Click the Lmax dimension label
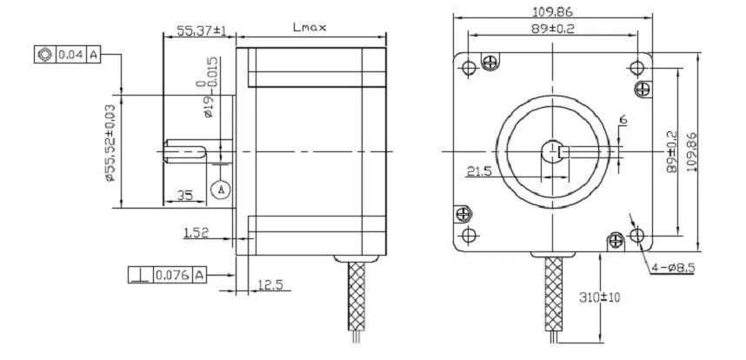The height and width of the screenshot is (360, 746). [x=310, y=28]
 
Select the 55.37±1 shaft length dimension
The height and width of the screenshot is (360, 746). [x=200, y=31]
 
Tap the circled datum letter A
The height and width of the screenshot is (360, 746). [x=221, y=190]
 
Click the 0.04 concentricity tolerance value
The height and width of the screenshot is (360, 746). [x=71, y=55]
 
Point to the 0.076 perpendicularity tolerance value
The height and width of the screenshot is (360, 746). [x=173, y=275]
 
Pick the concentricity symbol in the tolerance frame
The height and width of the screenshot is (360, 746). [x=45, y=55]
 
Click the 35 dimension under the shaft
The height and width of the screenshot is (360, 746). [x=185, y=195]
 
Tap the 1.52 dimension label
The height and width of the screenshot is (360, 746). [x=196, y=232]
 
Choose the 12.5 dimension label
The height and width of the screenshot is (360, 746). [x=270, y=285]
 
